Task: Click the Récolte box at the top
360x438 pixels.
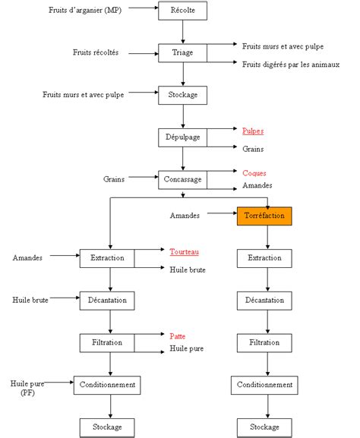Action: pos(182,11)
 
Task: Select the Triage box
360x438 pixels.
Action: pos(182,52)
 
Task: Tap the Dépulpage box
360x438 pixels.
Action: pos(182,137)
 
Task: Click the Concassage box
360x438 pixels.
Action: pos(182,180)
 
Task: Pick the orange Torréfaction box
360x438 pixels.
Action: pos(264,216)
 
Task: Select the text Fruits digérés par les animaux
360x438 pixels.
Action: pos(290,65)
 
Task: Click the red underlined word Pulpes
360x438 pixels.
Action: pos(253,131)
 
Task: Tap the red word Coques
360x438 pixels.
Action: pos(254,173)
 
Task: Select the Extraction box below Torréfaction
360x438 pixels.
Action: pos(264,258)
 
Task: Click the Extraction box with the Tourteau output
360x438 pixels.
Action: pos(108,258)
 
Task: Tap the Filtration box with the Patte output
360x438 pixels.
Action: pos(108,342)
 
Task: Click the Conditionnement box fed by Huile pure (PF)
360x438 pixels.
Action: pos(107,385)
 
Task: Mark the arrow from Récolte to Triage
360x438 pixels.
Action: pos(182,32)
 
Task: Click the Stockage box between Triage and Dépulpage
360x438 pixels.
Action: pos(182,95)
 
